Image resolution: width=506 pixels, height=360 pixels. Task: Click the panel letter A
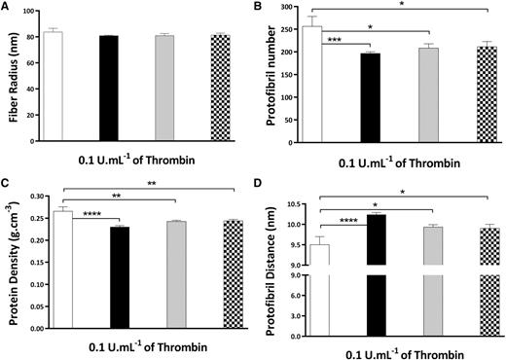[x=7, y=8]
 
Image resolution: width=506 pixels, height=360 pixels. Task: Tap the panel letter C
[x=7, y=187]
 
